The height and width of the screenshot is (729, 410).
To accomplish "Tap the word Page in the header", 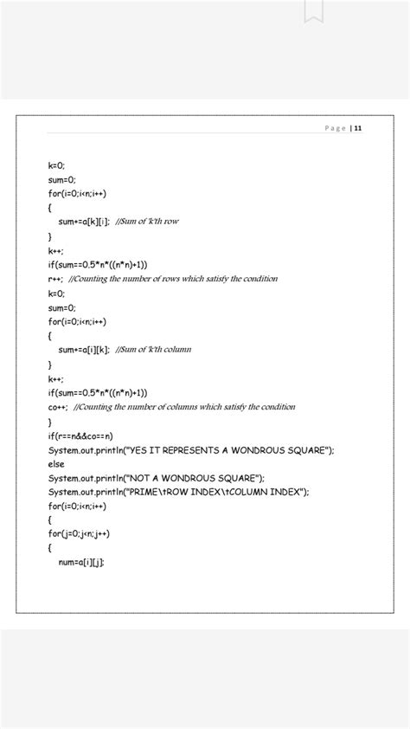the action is coord(336,128).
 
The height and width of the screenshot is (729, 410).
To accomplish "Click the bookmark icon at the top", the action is coord(313,10).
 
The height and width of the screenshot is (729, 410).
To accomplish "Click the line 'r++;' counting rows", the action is coord(55,279).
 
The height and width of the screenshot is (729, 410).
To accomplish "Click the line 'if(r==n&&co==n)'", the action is coord(81,435).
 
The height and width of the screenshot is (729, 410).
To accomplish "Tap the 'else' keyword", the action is coord(56,464).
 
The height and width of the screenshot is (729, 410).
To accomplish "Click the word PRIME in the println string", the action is coord(144,492).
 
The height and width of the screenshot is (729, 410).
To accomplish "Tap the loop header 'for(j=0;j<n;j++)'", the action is coord(80,534).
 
